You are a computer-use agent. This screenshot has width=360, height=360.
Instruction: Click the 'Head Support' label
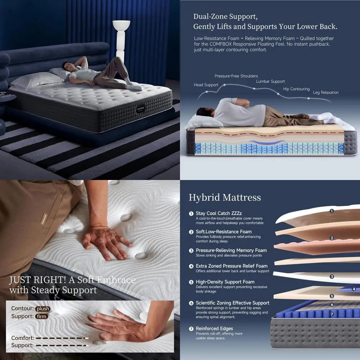click(206, 85)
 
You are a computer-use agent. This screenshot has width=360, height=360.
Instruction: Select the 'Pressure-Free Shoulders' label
click(236, 76)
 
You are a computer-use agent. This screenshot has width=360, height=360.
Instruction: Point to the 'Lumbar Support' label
click(270, 81)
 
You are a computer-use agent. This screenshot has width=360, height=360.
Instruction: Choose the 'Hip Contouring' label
click(296, 89)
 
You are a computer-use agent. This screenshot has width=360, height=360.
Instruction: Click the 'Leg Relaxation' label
click(325, 93)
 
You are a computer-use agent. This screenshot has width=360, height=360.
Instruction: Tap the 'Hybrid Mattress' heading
click(225, 197)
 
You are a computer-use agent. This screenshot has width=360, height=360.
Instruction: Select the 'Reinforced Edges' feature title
click(214, 328)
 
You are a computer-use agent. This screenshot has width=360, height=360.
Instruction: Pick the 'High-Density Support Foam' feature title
click(225, 282)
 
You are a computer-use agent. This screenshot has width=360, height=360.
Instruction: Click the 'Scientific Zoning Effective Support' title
click(232, 303)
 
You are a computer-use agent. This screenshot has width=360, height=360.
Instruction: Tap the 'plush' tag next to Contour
click(43, 309)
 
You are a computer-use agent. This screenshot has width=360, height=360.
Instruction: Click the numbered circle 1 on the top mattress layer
click(332, 211)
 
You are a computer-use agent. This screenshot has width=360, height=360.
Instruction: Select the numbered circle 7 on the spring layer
click(332, 314)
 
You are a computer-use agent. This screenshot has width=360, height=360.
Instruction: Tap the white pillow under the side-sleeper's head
click(204, 121)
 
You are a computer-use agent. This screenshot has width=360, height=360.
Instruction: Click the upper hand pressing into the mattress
click(105, 242)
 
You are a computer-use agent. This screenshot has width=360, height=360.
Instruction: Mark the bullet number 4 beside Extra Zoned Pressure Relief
click(192, 266)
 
